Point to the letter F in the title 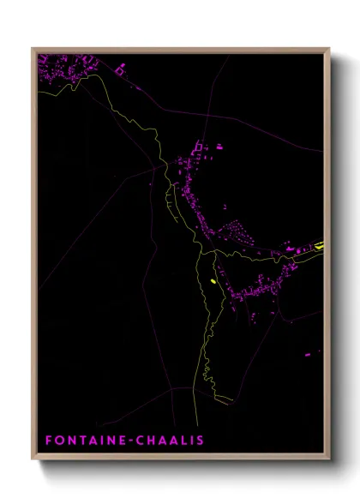point(48,440)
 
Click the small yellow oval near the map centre point(212,279)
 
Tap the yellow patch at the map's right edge point(319,246)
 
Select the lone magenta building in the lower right point(309,354)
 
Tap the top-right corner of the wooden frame point(328,49)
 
